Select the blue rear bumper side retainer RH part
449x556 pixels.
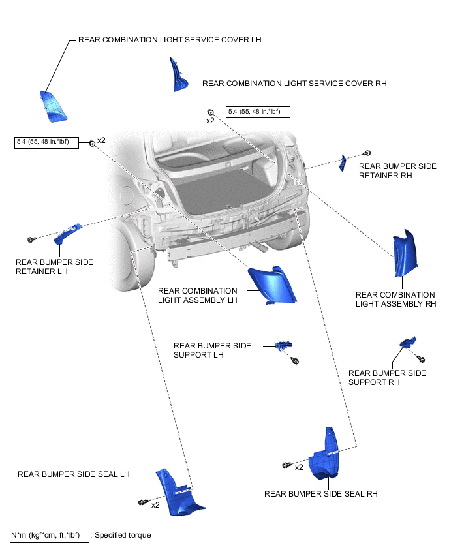[x=342, y=163]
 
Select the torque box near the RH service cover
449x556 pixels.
[x=257, y=112]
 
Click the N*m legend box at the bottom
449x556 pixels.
[x=49, y=536]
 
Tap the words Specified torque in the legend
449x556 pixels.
[x=123, y=536]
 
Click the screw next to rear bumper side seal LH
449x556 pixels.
[x=142, y=502]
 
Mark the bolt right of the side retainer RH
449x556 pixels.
[x=367, y=153]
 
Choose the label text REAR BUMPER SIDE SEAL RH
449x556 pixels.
[x=320, y=494]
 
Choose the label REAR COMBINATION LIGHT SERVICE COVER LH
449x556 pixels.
[x=169, y=40]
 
